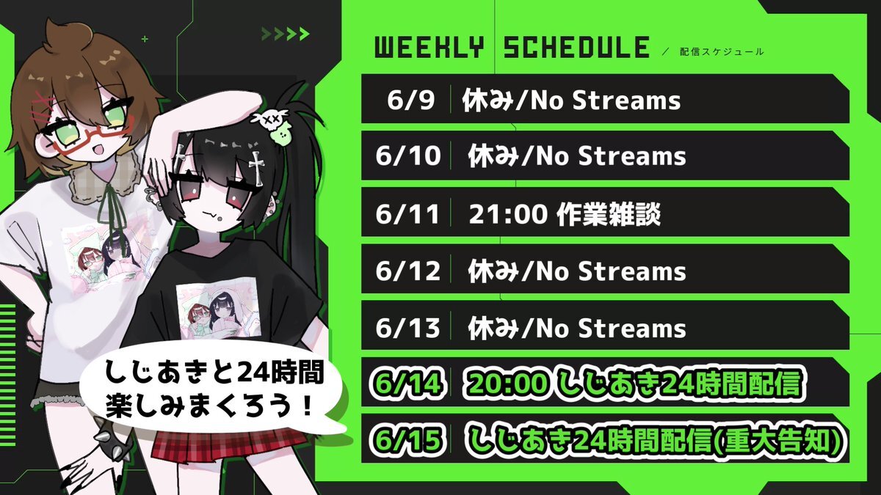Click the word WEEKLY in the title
429,48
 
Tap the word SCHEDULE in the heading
576,48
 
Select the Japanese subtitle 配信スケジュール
722,51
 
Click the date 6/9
410,100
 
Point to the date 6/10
408,156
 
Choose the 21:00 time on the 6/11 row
508,214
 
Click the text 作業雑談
609,214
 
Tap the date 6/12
408,271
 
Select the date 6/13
408,328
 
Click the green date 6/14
408,383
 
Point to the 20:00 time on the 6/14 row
508,383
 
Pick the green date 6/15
408,439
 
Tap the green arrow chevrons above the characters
286,34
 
